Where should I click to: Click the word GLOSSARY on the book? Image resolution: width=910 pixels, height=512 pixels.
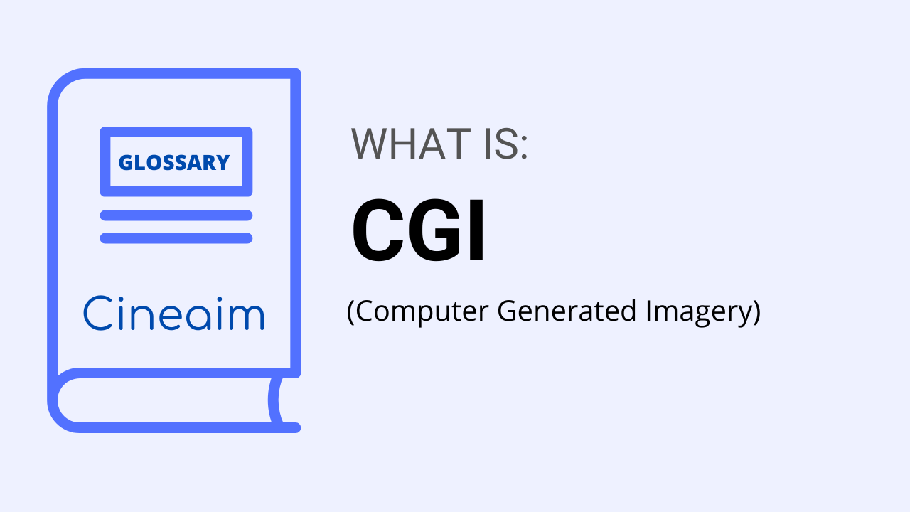174,162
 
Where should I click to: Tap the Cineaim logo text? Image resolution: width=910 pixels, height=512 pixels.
173,314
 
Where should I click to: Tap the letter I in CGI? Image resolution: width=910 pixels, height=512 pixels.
477,231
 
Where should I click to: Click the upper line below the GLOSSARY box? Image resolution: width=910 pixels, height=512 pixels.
176,215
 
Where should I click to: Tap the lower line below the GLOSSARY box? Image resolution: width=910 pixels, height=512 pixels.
176,238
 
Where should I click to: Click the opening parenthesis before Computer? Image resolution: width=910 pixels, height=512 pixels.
350,312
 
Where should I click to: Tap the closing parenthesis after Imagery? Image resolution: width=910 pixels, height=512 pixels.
756,312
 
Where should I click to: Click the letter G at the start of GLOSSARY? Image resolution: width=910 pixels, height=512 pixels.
125,163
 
